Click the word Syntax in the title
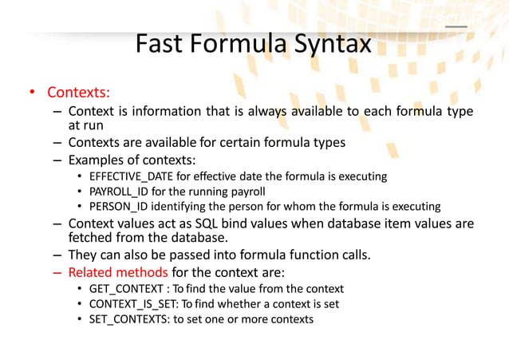pyautogui.click(x=328, y=43)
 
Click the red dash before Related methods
pyautogui.click(x=58, y=272)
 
